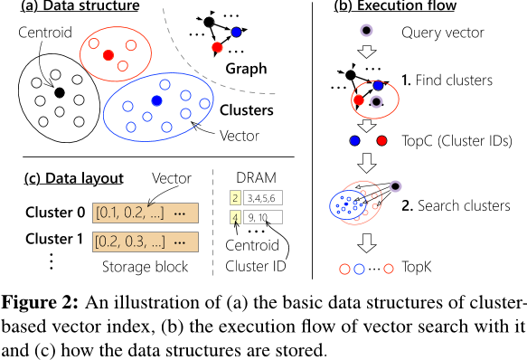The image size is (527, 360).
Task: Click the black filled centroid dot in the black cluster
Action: point(59,92)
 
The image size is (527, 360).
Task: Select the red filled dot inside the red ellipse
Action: point(108,56)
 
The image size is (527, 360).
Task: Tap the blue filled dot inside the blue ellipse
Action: point(156,99)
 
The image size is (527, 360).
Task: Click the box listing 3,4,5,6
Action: point(264,197)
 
